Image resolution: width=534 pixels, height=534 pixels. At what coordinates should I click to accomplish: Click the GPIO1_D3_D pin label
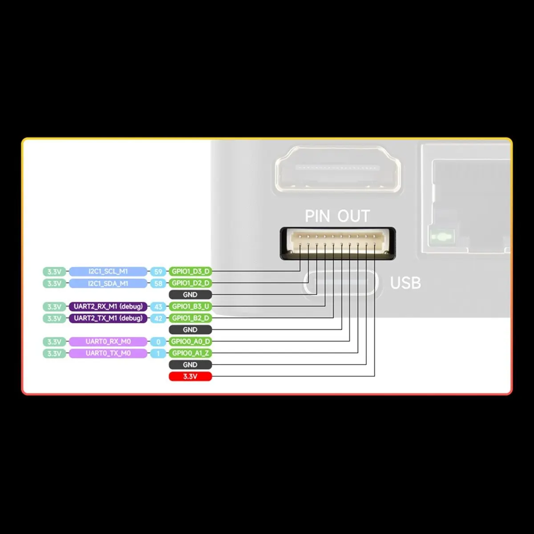pyautogui.click(x=190, y=271)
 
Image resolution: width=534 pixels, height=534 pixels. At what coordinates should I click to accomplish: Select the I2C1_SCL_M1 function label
pyautogui.click(x=108, y=271)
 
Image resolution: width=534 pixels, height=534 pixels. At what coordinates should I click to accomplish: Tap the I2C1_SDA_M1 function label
pyautogui.click(x=108, y=283)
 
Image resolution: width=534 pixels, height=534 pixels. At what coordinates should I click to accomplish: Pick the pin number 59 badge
pyautogui.click(x=158, y=271)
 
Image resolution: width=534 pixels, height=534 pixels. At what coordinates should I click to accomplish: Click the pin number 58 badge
pyautogui.click(x=158, y=283)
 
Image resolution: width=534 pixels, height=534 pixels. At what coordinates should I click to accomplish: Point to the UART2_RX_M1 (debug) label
pyautogui.click(x=108, y=307)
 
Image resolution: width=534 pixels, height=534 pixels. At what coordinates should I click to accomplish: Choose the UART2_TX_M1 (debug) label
pyautogui.click(x=108, y=318)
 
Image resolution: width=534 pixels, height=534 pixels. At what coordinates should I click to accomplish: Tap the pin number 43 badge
pyautogui.click(x=158, y=307)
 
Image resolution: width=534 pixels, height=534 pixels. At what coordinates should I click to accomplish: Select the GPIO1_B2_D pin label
pyautogui.click(x=190, y=318)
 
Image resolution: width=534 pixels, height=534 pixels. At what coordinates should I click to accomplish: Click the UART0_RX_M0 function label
pyautogui.click(x=108, y=342)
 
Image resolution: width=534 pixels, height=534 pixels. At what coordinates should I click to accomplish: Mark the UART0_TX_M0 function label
pyautogui.click(x=108, y=353)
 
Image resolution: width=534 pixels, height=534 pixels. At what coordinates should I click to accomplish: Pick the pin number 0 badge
pyautogui.click(x=158, y=342)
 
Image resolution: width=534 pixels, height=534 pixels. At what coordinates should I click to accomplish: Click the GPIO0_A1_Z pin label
pyautogui.click(x=190, y=353)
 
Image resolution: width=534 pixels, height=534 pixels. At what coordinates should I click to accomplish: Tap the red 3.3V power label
pyautogui.click(x=190, y=376)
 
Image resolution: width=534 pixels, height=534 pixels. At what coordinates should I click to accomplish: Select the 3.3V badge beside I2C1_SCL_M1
pyautogui.click(x=54, y=271)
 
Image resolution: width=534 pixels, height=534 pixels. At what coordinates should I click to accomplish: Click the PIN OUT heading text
pyautogui.click(x=337, y=216)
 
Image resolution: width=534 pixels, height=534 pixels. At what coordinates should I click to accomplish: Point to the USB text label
pyautogui.click(x=405, y=283)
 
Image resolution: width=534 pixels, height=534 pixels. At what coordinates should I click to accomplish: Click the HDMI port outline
pyautogui.click(x=338, y=170)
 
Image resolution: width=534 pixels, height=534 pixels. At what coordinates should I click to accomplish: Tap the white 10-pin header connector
pyautogui.click(x=337, y=241)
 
